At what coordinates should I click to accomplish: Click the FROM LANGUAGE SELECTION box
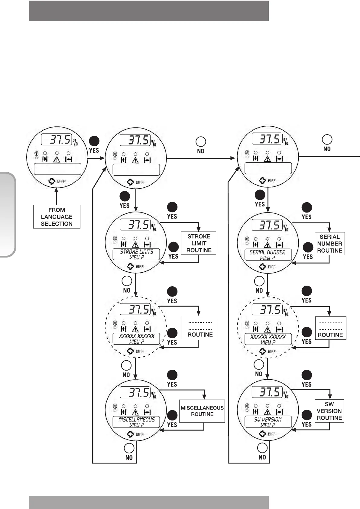coord(57,217)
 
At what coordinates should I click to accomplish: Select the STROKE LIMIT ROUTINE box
coord(199,243)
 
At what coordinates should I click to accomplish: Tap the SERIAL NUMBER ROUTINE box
coord(329,244)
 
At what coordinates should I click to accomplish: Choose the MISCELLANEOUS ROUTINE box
coord(202,411)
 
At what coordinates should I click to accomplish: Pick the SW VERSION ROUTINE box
coord(329,411)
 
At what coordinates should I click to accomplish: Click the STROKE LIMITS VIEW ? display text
coord(136,254)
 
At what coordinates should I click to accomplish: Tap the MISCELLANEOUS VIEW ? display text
coord(136,422)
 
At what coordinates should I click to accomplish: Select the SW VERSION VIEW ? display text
coord(268,422)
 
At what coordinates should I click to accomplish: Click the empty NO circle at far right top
coord(327,139)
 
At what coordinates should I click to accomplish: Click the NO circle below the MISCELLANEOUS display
coord(129,448)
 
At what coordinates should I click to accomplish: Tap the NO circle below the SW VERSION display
coord(262,448)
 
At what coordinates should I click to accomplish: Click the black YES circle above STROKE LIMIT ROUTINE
coord(172,207)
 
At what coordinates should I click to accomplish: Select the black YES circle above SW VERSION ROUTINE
coord(306,375)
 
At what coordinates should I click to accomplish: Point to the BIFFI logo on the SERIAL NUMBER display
coord(268,267)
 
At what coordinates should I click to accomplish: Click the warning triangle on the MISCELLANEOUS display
coord(135,412)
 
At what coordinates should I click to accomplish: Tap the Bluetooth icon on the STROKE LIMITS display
coord(115,238)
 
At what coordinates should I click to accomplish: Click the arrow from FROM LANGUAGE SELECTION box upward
coord(57,196)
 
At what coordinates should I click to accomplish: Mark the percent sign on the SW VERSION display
coord(286,395)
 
